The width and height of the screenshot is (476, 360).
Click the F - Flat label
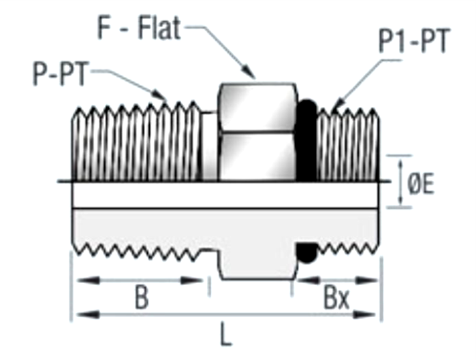coord(139,29)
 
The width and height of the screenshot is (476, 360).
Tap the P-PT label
coord(61,73)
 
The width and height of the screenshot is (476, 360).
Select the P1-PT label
coord(414,41)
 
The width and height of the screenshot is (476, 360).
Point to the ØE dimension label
coord(420,184)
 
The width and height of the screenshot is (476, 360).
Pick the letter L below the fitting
coord(225,335)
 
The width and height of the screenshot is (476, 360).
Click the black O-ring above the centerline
coord(306,140)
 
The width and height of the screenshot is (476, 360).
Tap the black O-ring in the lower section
coord(306,252)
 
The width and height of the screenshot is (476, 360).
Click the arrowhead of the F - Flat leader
coord(249,72)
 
